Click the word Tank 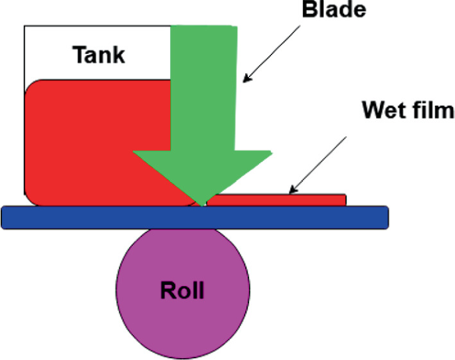point(98,54)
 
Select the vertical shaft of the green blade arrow point(203,86)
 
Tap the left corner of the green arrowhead point(134,152)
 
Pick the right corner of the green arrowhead point(271,152)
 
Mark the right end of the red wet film point(345,199)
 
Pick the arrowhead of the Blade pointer point(245,81)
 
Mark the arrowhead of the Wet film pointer point(292,192)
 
